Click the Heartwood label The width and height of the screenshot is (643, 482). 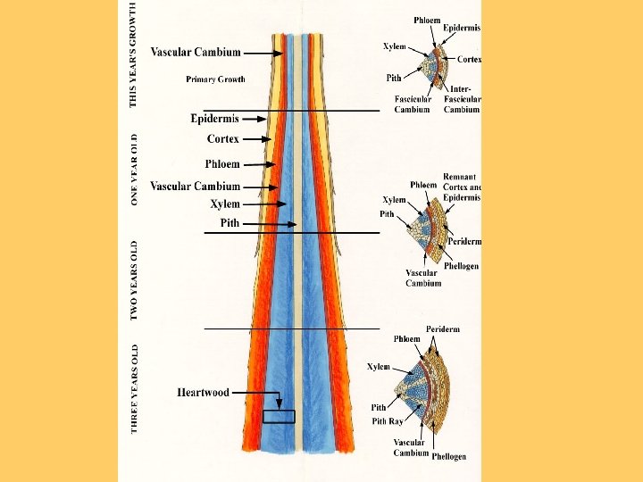point(203,392)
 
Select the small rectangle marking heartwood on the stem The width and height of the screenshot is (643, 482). point(279,416)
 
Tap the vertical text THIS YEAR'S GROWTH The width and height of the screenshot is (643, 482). point(134,54)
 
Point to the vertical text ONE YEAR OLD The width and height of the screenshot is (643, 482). point(134,170)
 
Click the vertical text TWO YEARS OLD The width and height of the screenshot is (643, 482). point(134,280)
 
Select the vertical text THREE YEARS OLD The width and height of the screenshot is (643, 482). point(134,389)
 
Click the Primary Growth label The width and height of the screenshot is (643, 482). point(215,79)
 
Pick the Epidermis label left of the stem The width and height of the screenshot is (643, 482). point(214,119)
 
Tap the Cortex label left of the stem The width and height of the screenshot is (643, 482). point(222,139)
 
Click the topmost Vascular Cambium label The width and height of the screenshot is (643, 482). point(195,53)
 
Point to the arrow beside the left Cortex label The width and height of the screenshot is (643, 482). point(257,139)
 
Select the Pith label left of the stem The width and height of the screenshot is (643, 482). point(230,223)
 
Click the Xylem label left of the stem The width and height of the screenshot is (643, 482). point(225,204)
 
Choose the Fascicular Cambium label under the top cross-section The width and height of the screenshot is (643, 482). point(412,104)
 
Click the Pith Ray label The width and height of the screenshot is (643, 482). point(387,421)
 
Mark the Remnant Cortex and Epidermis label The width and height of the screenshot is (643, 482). point(461,187)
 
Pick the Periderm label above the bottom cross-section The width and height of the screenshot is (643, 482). point(443,329)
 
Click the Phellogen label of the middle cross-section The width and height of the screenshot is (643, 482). point(461,266)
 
